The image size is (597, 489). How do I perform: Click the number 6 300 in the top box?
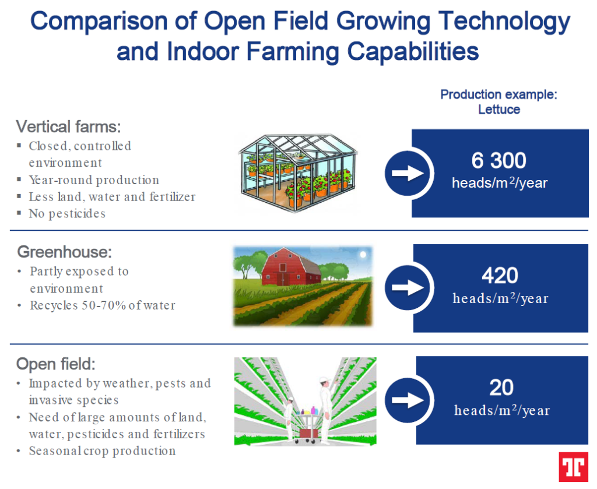(x=499, y=160)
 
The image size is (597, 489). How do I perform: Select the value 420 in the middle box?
(x=500, y=275)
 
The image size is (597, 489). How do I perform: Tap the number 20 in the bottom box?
(x=501, y=388)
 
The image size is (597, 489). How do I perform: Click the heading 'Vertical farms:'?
(x=69, y=126)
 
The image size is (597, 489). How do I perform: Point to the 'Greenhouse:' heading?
(x=65, y=252)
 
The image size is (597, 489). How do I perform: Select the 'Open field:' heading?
(x=56, y=364)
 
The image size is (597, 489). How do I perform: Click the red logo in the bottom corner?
(x=573, y=466)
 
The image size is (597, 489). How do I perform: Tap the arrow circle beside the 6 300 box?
(x=408, y=173)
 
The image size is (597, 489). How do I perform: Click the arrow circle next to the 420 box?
(x=408, y=287)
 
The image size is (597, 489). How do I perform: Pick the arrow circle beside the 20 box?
(x=408, y=400)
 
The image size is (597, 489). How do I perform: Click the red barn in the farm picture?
(x=291, y=268)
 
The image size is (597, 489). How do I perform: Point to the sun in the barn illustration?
(x=363, y=254)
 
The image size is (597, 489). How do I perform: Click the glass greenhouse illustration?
(x=298, y=172)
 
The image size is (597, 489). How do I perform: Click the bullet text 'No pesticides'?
(x=67, y=213)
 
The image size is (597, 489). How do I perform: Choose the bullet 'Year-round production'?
(x=94, y=180)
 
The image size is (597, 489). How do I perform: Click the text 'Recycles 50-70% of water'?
(x=103, y=305)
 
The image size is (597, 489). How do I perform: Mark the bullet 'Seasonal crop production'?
(x=103, y=451)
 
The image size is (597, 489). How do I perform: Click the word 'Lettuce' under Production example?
(x=499, y=109)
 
